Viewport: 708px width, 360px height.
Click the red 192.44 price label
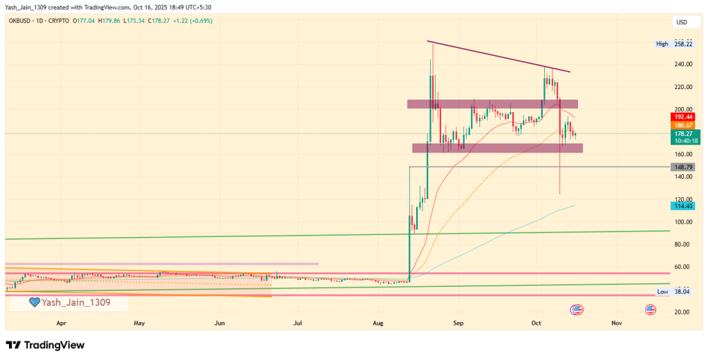[682, 117]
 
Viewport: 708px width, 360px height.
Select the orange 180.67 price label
[682, 126]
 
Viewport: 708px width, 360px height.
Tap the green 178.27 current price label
[682, 134]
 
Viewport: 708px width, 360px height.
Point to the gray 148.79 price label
[682, 167]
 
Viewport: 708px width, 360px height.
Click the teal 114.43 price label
[682, 206]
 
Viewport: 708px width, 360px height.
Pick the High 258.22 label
[675, 44]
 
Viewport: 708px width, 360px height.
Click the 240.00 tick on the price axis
[683, 64]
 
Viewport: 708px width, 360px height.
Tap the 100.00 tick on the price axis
[683, 222]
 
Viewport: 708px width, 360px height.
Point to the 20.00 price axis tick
[683, 312]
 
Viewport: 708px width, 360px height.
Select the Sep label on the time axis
[456, 323]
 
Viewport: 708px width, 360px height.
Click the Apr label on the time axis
[61, 323]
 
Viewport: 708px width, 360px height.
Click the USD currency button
[681, 21]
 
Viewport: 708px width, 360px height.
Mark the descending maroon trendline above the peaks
[498, 56]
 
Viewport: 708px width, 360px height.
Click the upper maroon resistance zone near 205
[492, 104]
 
